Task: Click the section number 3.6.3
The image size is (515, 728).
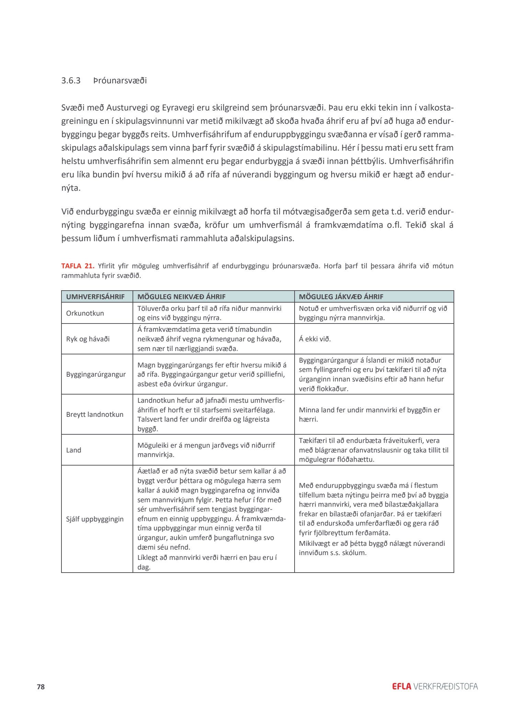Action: (x=71, y=81)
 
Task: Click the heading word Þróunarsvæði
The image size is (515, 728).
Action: (x=120, y=81)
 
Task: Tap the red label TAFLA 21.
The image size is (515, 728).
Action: (x=78, y=266)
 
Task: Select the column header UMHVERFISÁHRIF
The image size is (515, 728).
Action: (x=95, y=296)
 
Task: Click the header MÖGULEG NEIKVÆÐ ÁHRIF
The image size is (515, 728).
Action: (x=181, y=296)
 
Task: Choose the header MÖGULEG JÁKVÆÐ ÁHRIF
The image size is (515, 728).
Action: (x=341, y=296)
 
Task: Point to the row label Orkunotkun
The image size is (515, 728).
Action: (x=85, y=313)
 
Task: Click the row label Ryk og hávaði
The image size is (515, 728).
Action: (x=88, y=339)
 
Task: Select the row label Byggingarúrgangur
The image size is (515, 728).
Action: (x=96, y=374)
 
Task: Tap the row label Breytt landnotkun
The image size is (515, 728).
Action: (x=94, y=414)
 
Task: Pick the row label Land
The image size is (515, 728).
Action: (x=73, y=450)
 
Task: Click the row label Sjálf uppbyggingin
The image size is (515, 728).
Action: (x=95, y=519)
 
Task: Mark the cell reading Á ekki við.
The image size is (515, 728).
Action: (x=315, y=339)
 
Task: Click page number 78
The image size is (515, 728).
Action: (x=41, y=687)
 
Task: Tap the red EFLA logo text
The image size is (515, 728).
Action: (x=401, y=686)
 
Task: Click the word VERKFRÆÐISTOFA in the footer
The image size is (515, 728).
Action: (x=446, y=686)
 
